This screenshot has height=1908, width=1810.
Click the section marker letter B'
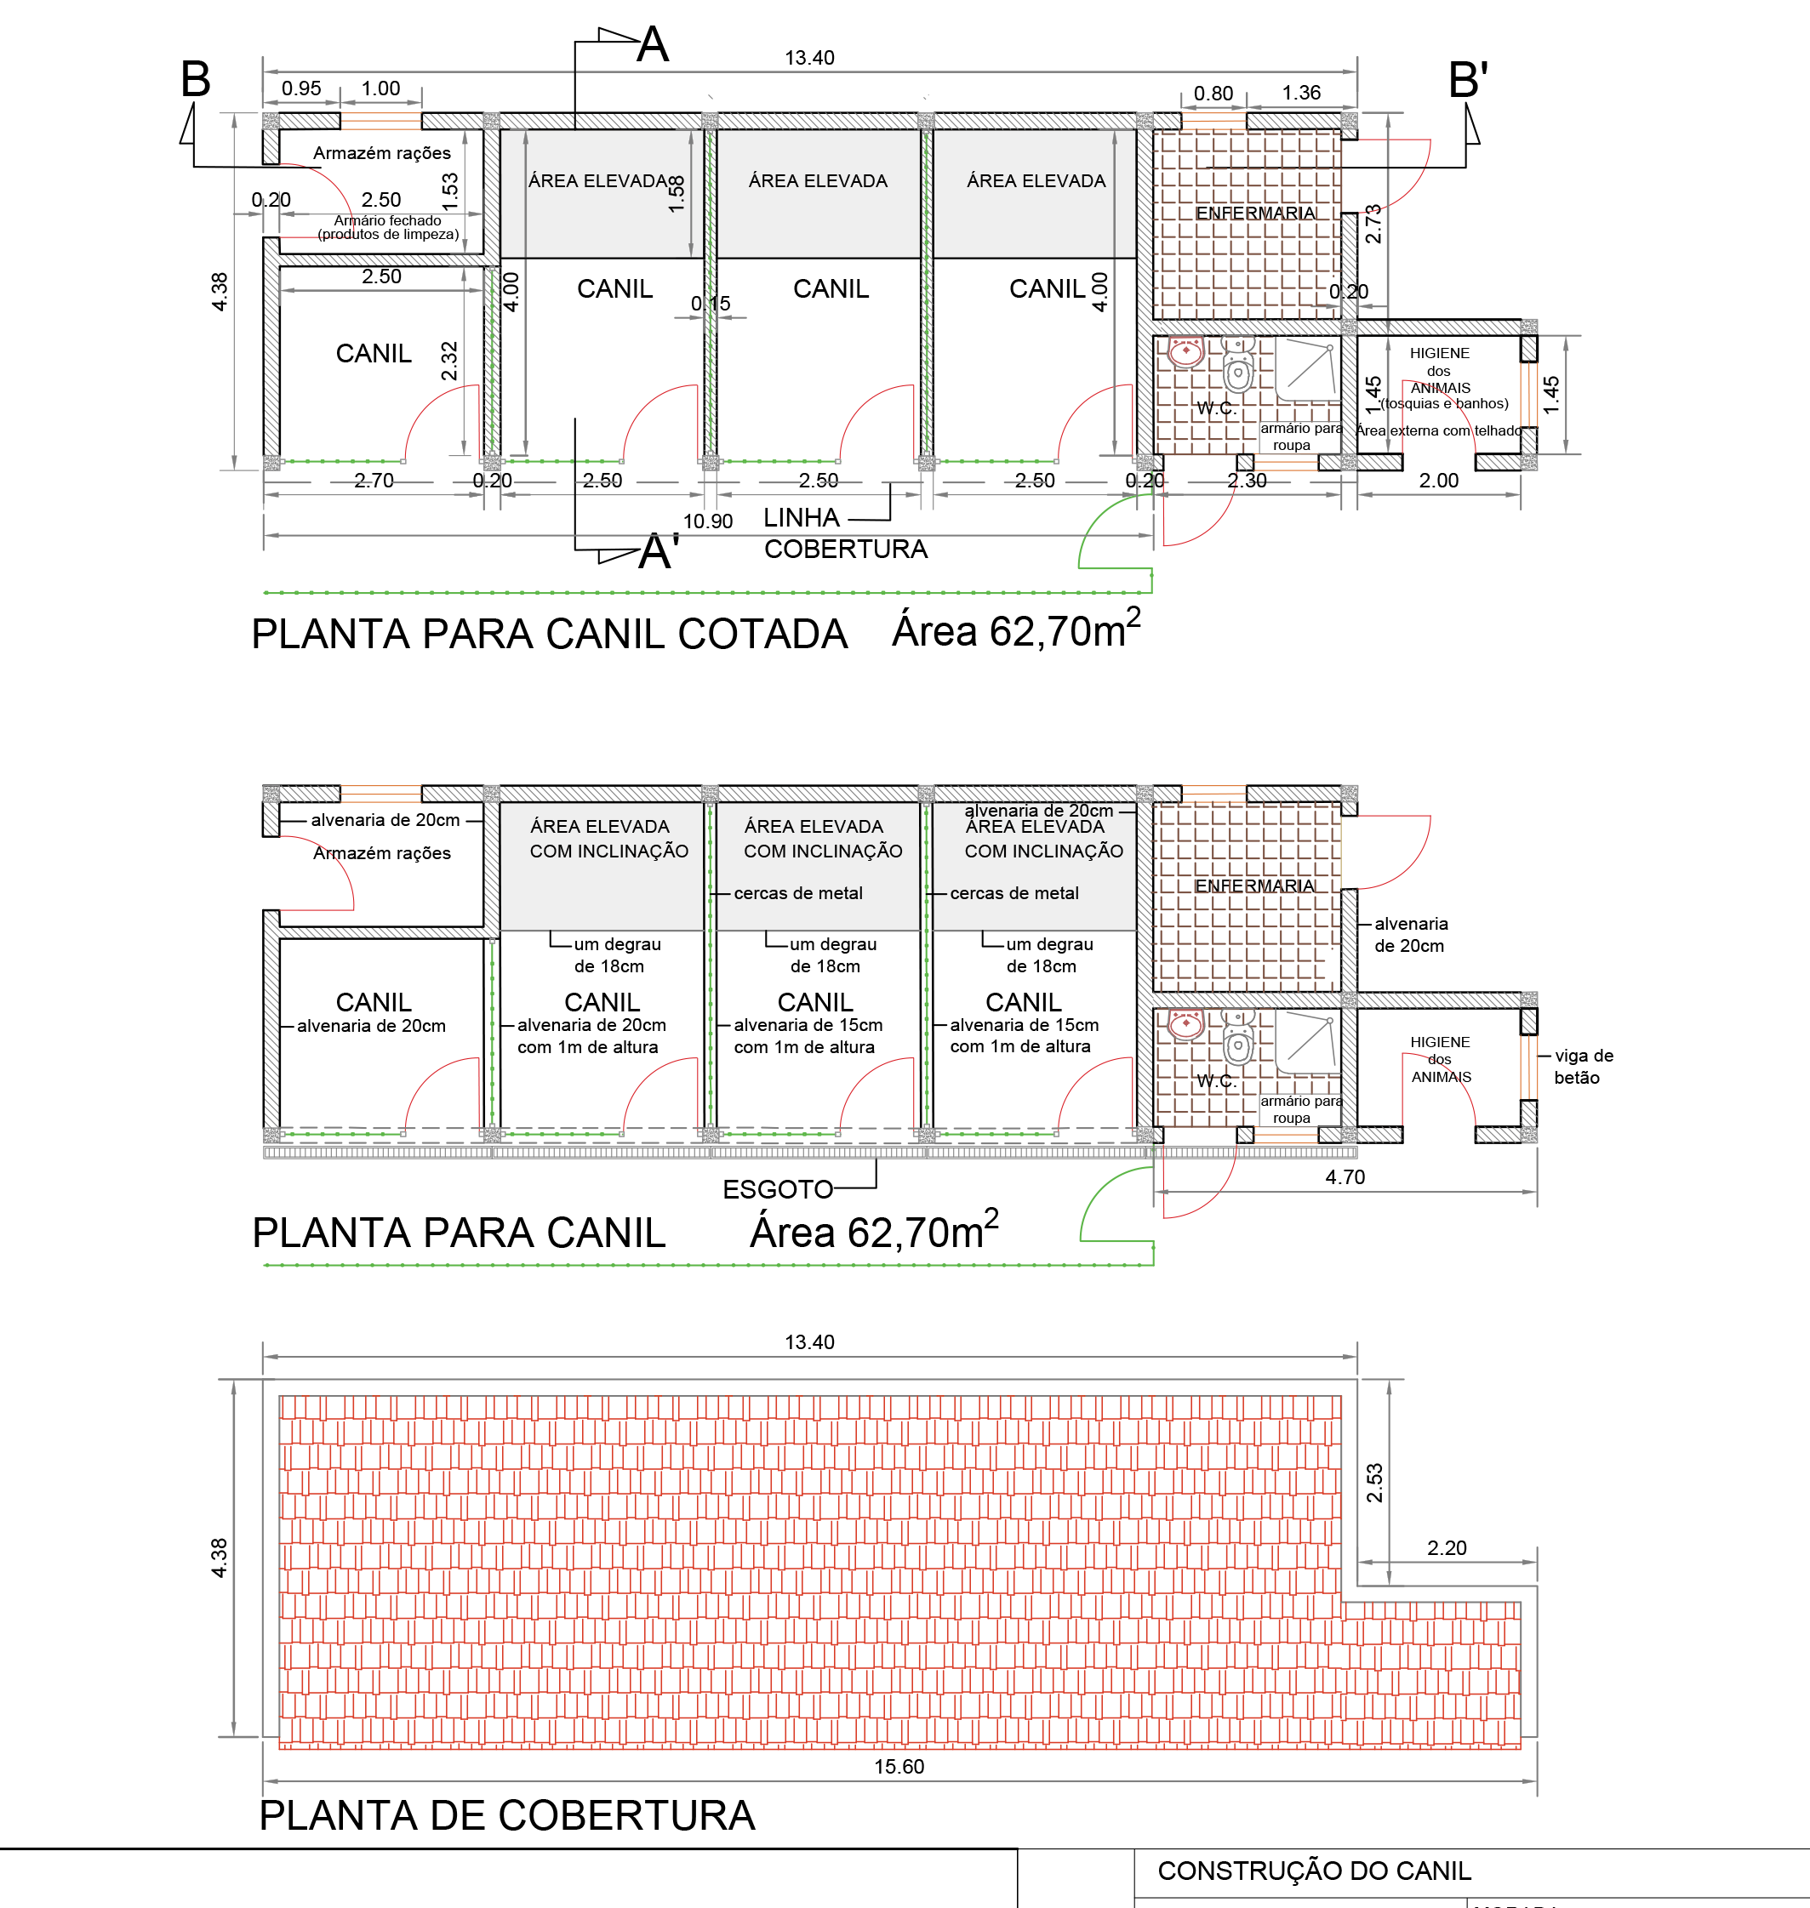1468,79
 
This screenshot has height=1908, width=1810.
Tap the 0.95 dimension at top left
301,88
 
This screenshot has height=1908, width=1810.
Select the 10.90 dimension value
708,521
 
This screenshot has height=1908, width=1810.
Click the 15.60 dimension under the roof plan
899,1766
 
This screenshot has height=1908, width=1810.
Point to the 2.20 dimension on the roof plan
1447,1548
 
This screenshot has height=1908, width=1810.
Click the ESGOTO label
778,1189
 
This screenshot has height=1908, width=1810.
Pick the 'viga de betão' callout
1582,1067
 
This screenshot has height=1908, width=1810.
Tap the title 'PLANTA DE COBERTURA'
506,1815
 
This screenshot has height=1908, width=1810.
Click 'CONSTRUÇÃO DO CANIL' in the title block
1314,1871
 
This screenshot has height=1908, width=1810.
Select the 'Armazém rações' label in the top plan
381,153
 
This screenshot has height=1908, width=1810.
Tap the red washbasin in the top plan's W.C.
1185,352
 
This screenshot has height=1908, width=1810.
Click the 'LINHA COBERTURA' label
844,533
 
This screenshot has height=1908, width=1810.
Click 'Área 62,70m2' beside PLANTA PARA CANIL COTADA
1015,631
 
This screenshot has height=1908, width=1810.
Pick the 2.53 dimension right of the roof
1375,1483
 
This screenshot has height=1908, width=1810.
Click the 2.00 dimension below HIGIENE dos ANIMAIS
1437,481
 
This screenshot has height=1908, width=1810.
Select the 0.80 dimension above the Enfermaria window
1213,94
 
